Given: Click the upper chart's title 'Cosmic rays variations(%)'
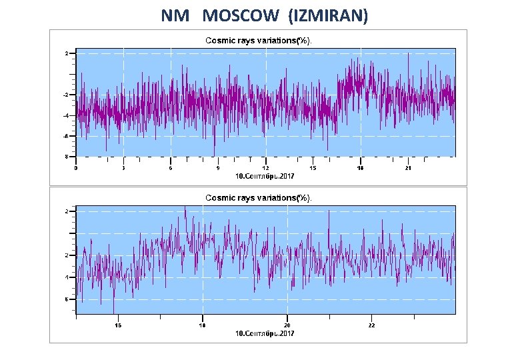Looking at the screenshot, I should tap(258, 41).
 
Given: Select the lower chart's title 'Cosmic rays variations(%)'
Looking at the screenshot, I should tap(258, 198).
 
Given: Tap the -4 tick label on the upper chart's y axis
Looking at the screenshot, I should tap(65, 116).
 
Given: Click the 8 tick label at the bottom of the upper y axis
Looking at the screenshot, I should tap(65, 157).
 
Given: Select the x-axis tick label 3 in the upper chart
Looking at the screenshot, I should tap(123, 168).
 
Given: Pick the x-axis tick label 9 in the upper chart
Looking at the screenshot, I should tap(218, 168).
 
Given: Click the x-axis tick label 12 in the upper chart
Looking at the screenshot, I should tap(265, 168).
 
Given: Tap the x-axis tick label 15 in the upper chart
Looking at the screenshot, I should tap(313, 168).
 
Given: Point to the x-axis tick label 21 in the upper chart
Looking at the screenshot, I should tap(408, 168).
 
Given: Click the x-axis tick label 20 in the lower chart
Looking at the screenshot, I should tap(287, 325).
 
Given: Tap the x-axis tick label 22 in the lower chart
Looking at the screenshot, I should tap(372, 325).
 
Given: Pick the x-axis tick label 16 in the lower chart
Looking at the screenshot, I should tap(117, 325).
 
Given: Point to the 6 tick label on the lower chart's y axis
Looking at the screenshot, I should tap(66, 299).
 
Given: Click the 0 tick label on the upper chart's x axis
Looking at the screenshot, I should tap(76, 168).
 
